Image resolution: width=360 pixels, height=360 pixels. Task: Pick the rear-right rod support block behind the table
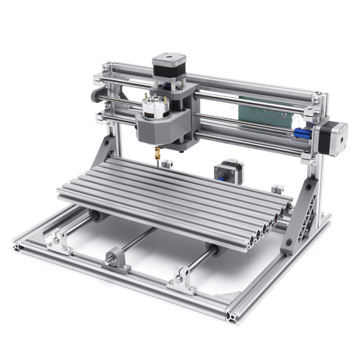coord(278,189)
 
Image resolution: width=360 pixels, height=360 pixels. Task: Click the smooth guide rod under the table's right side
coord(202,258)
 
